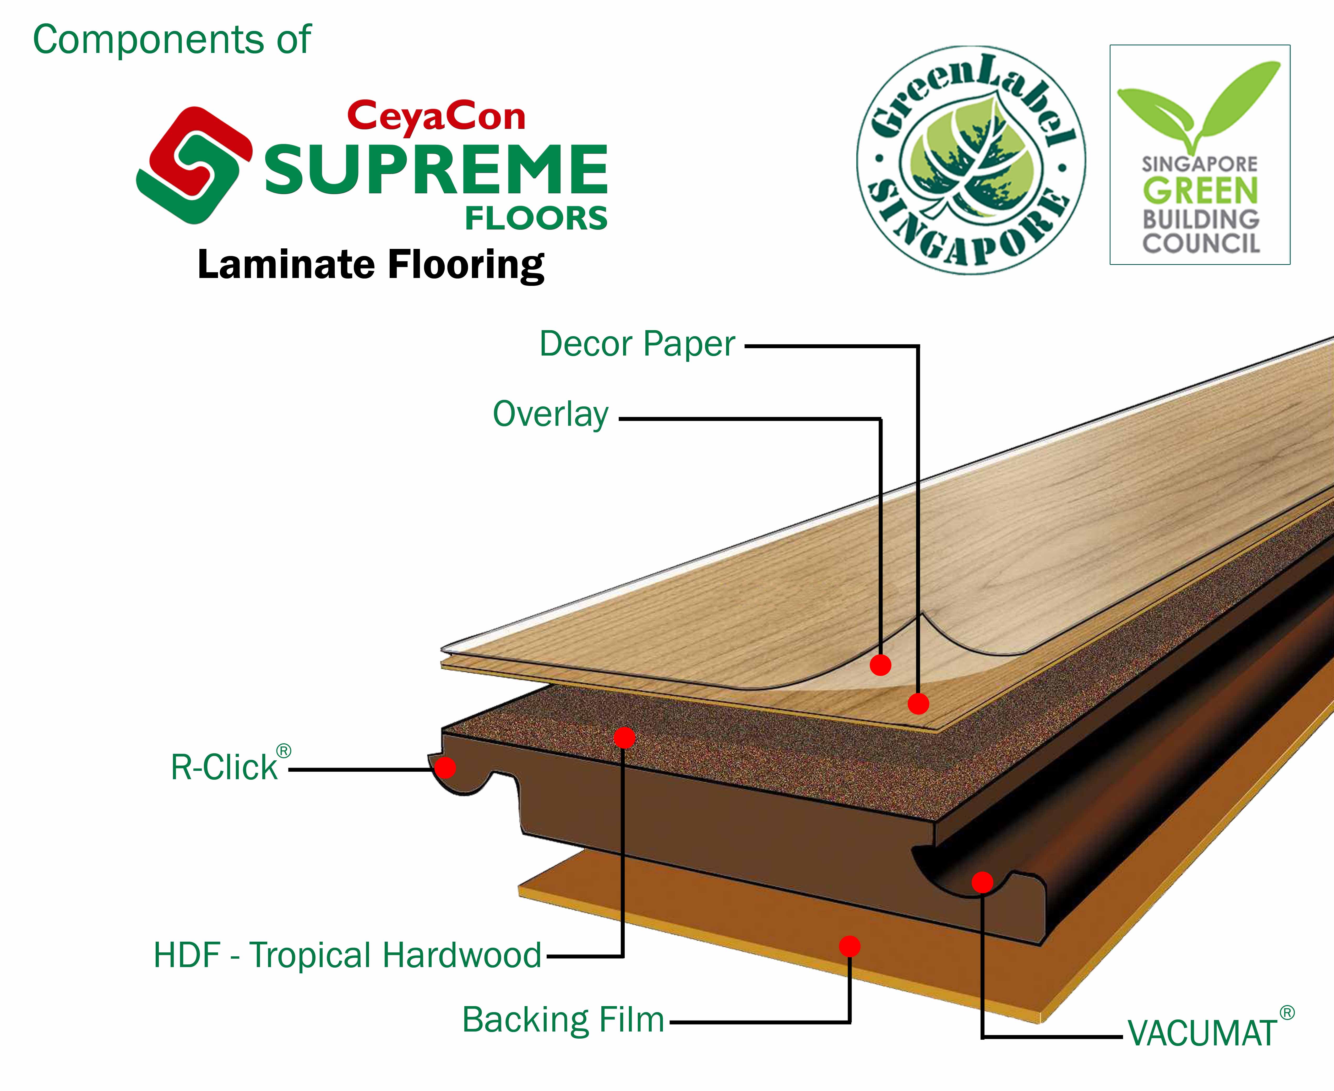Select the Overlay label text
click(551, 415)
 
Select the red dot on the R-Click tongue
click(445, 767)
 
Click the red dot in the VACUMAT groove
click(982, 882)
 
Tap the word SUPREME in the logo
click(436, 170)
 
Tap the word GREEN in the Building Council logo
click(1200, 191)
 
